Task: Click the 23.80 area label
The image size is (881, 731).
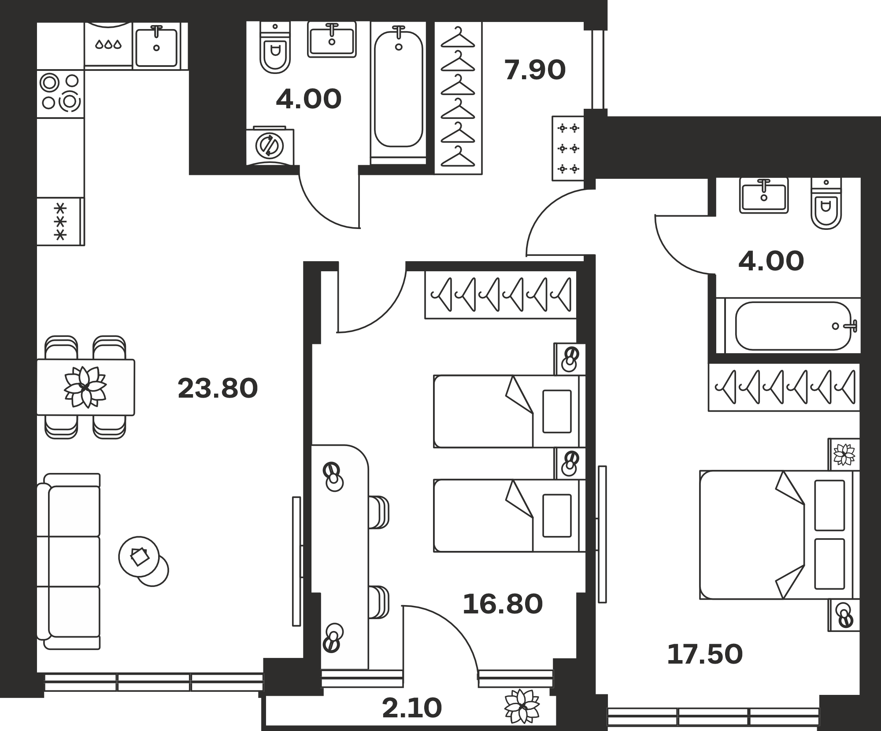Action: coord(218,388)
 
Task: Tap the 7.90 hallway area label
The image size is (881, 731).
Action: coord(535,70)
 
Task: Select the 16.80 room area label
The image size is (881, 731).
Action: coord(503,604)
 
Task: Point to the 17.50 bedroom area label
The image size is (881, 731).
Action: coord(705,654)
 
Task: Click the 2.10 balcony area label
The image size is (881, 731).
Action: coord(412,708)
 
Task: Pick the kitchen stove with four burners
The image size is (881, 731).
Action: coord(60,94)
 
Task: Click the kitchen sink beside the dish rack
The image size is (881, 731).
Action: coord(156,46)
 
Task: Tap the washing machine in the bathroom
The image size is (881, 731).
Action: coord(270,145)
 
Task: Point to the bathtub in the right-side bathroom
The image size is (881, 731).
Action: coord(793,326)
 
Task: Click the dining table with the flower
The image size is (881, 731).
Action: coord(86,387)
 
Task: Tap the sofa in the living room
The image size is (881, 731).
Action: coord(69,561)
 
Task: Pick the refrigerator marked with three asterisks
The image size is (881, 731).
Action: coord(60,221)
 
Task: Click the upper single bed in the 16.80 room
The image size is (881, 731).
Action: coord(509,411)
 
